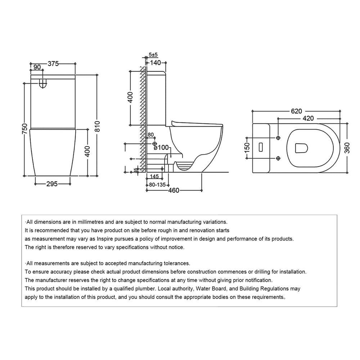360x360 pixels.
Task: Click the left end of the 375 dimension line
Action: point(30,63)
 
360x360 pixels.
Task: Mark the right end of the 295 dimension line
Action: point(70,184)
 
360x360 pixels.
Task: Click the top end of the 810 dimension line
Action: point(97,75)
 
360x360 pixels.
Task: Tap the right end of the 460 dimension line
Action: point(202,190)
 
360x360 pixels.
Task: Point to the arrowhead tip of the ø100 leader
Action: point(171,157)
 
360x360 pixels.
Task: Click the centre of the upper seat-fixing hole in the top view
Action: point(278,138)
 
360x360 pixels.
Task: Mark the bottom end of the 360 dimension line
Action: point(347,173)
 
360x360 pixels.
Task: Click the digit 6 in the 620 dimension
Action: point(293,111)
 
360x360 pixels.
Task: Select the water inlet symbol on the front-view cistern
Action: point(43,84)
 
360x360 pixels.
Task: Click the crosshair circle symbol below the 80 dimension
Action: point(154,144)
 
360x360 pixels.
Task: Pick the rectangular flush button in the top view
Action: point(261,147)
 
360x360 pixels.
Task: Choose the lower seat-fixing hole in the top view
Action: point(278,158)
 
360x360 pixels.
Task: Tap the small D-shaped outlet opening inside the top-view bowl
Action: point(301,148)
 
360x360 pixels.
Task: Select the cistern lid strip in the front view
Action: point(53,77)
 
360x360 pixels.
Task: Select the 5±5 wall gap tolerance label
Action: point(153,55)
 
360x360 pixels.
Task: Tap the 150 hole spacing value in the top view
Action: point(247,148)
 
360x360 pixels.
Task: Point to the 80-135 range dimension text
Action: point(157,185)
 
